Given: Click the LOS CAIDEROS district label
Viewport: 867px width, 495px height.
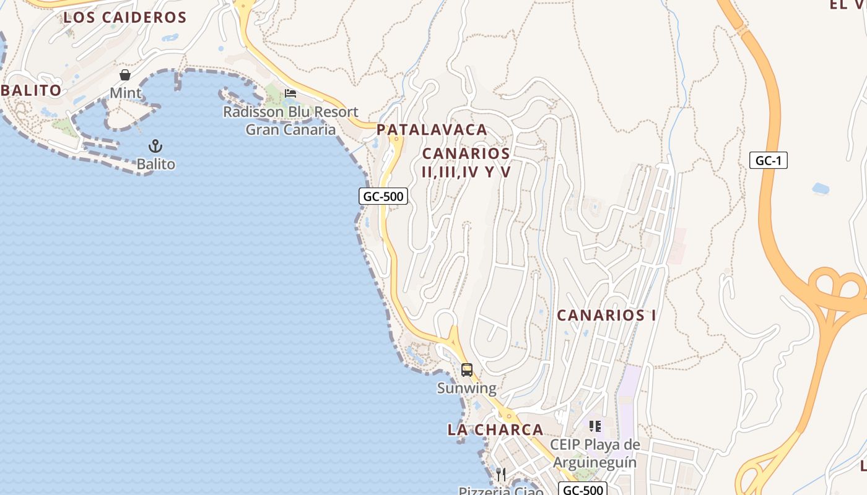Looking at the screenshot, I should coord(124,17).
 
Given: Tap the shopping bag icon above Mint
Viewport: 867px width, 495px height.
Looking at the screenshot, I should coord(125,75).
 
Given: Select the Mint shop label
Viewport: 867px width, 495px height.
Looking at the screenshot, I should coord(126,93).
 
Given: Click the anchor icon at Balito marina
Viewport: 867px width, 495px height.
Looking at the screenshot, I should coord(155,146).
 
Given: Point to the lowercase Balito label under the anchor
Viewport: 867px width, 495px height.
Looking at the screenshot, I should coord(156,165).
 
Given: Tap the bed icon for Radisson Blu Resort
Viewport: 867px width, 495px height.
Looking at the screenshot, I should coord(290,93).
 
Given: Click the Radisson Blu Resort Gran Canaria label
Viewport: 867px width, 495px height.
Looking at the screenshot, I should coord(290,121).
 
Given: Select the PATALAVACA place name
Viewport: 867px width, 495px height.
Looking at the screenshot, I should coord(432,130).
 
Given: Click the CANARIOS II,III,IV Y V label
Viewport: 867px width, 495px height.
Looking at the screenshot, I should coord(466,163).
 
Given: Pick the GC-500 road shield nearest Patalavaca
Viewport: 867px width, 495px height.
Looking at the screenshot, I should coord(383,197).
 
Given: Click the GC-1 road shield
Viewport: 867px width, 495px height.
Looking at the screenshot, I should coord(768,160).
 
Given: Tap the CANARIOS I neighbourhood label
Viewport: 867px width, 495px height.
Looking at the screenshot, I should coord(606,315).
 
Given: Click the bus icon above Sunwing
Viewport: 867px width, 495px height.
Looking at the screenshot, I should coord(467,370).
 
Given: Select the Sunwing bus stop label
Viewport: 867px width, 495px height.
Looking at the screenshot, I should coord(467,389).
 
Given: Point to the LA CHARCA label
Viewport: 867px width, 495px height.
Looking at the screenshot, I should coord(495,429).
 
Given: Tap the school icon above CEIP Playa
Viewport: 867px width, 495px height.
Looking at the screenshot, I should coord(595,426).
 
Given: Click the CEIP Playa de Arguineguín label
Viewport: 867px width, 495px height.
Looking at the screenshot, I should coord(595,454).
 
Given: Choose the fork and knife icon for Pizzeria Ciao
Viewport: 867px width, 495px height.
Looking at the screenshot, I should coord(501,475).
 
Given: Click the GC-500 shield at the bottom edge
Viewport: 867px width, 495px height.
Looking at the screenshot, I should coord(582,489).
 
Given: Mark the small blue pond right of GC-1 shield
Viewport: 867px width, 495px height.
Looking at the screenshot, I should coord(821,188).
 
